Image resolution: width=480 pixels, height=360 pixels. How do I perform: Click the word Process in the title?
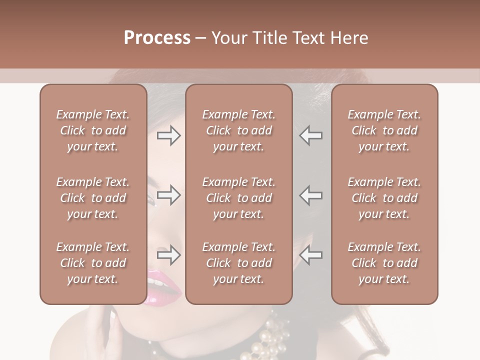[x=157, y=38]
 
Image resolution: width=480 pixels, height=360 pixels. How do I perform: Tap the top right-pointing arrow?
[x=168, y=135]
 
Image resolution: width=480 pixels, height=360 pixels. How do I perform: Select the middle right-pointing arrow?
[x=168, y=195]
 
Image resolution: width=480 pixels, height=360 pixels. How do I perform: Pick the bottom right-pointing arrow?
[x=168, y=255]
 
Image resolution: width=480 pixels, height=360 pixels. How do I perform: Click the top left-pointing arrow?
[x=311, y=135]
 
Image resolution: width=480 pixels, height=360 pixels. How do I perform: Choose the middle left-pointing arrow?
[x=311, y=195]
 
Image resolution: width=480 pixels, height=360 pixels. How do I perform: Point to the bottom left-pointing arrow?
[x=311, y=255]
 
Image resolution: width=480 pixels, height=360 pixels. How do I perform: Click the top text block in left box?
[x=93, y=130]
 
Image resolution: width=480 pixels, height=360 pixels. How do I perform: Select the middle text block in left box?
[x=93, y=198]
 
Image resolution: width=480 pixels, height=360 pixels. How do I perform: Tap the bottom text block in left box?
[x=93, y=263]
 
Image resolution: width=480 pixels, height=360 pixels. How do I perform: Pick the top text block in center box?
[x=238, y=130]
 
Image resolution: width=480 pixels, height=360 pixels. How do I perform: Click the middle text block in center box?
[x=238, y=198]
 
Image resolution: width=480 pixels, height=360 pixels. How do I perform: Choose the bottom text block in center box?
[x=238, y=263]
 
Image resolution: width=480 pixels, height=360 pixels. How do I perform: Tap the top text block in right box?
[x=384, y=130]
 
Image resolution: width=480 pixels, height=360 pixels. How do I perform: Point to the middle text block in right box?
[x=384, y=198]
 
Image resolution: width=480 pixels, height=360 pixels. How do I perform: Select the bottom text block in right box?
[x=384, y=263]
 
